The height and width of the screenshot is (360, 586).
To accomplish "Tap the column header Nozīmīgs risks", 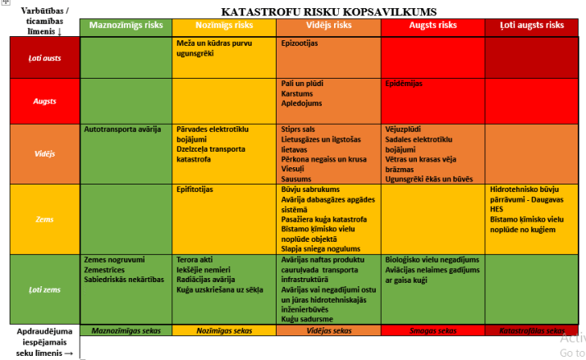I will (225, 25).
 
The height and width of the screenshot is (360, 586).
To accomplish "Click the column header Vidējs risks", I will (328, 25).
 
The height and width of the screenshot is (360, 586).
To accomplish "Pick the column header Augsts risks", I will (433, 25).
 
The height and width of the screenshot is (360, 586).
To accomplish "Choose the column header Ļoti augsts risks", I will (533, 25).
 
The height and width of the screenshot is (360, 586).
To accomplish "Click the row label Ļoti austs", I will (45, 58).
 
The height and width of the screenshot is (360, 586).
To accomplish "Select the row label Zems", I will (45, 220).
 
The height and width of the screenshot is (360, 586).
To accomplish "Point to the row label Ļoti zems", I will (45, 289).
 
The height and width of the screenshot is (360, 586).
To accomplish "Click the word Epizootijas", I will (300, 43).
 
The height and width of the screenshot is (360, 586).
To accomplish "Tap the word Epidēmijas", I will (404, 84).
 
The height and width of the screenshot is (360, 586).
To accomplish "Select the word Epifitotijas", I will (195, 189).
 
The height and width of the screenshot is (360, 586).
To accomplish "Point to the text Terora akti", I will (194, 260).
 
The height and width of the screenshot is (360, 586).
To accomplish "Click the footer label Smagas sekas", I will (433, 330).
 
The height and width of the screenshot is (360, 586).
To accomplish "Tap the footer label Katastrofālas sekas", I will (533, 330).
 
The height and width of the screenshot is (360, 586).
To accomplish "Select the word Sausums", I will (297, 178).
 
